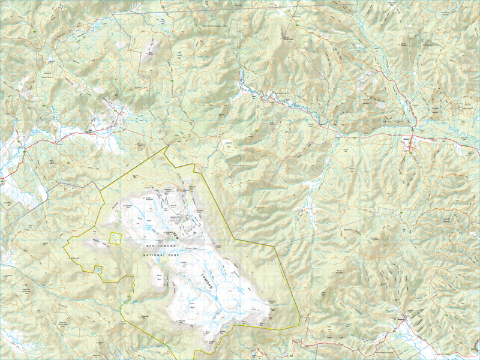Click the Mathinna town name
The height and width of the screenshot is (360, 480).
407,137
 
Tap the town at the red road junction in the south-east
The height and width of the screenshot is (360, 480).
407,318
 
